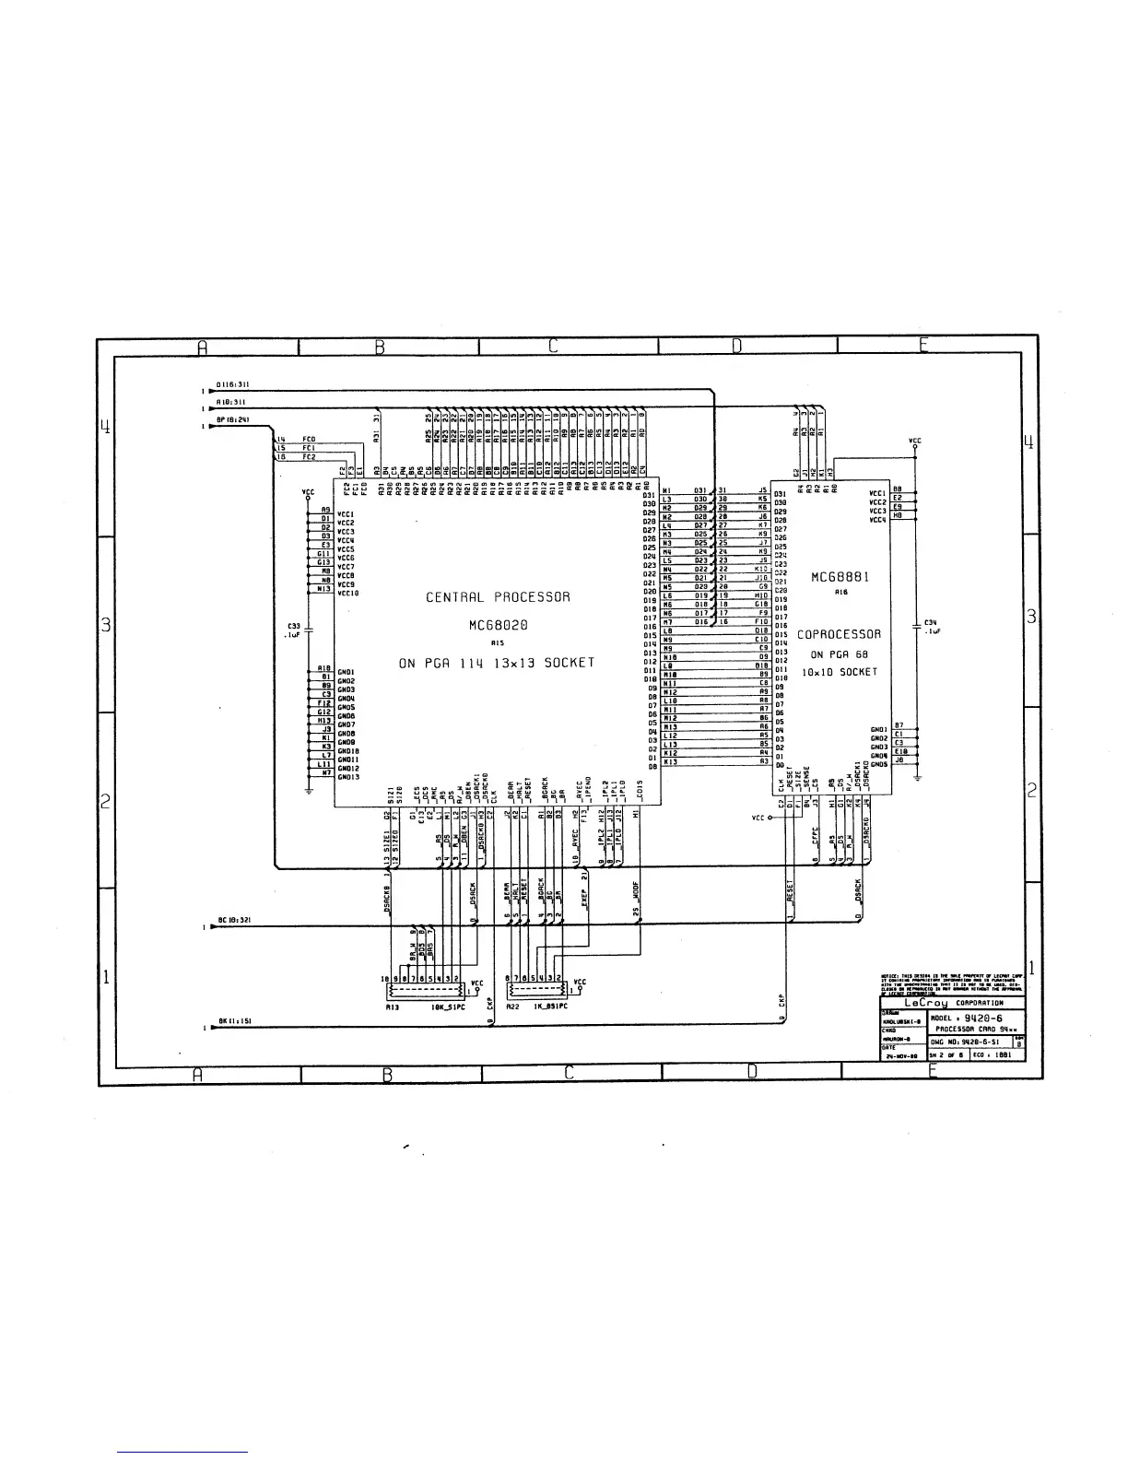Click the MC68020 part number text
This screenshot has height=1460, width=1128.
tap(498, 626)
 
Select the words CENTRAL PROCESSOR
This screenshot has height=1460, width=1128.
tap(498, 597)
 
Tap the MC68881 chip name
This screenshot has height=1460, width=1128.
tap(840, 578)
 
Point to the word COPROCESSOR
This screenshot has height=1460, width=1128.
tap(839, 635)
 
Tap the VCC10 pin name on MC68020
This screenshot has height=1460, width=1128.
tap(348, 594)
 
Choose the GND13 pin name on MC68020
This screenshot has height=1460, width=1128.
tap(348, 777)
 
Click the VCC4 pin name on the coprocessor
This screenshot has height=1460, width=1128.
tap(877, 520)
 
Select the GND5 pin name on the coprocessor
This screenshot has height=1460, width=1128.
tap(879, 764)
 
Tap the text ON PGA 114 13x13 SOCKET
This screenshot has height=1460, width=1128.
tap(498, 663)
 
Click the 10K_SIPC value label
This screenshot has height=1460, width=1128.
tap(449, 1007)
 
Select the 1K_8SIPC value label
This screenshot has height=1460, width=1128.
tap(550, 1007)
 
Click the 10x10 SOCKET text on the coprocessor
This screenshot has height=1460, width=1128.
tap(839, 673)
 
